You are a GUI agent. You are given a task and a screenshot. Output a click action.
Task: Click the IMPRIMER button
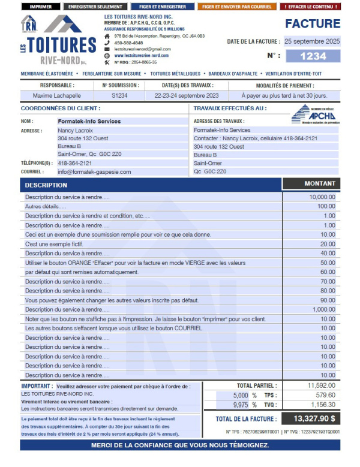(x=41, y=7)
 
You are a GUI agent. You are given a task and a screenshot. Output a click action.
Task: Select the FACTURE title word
(x=312, y=24)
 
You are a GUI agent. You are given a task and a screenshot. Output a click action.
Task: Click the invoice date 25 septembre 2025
(x=312, y=41)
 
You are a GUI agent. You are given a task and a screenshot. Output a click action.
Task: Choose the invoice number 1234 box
(x=313, y=56)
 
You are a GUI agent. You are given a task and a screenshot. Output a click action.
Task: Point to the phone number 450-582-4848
(x=128, y=43)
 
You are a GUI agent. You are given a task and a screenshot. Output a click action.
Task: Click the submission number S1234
(x=119, y=96)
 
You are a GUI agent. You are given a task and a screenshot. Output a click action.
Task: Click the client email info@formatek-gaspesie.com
(x=95, y=171)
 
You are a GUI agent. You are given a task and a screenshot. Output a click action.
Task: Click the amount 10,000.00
(x=322, y=197)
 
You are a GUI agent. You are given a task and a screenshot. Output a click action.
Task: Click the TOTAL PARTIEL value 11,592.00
(x=321, y=385)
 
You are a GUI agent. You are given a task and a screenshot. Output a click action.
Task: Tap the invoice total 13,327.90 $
(x=314, y=418)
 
